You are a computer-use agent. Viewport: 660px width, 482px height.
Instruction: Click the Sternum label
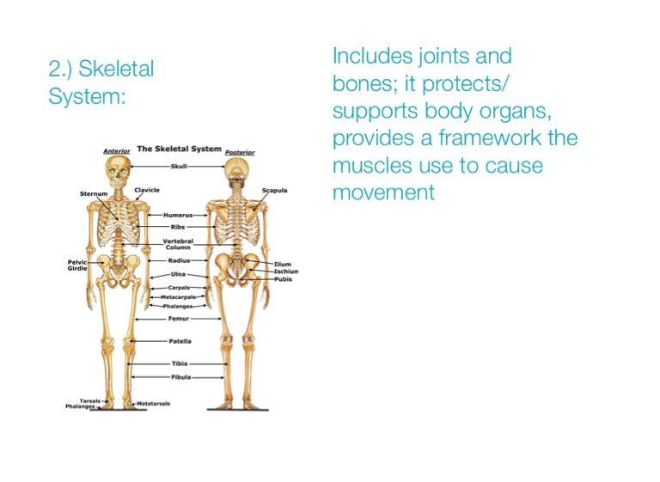coord(94,193)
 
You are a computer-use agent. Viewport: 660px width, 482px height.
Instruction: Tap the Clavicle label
coord(147,190)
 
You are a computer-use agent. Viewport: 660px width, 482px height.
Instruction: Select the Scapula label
coord(274,190)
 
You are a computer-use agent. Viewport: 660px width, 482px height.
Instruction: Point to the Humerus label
coord(178,215)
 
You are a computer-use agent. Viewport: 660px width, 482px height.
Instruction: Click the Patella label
coord(180,341)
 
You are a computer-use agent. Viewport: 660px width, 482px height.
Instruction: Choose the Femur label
coord(179,319)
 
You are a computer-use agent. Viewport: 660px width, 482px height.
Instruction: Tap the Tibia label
coord(180,363)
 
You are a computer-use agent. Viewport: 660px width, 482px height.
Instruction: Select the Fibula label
coord(181,377)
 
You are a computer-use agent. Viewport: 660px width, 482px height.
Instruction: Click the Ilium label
coord(283,264)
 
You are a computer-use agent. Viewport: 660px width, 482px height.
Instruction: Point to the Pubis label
coord(284,279)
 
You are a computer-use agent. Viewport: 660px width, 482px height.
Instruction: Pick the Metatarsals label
coord(154,404)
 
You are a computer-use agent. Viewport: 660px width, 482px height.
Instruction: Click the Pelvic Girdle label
coord(77,265)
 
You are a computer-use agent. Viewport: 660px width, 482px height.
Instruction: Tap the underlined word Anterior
coord(117,151)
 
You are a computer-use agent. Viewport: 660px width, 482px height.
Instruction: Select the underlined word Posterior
coord(240,152)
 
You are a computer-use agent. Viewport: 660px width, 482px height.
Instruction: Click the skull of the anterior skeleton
coord(118,172)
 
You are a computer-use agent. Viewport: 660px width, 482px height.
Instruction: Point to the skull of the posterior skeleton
coord(237,169)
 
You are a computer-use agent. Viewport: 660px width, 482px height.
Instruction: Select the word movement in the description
coord(383,192)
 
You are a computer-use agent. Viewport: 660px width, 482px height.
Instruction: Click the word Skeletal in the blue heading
coord(116,69)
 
